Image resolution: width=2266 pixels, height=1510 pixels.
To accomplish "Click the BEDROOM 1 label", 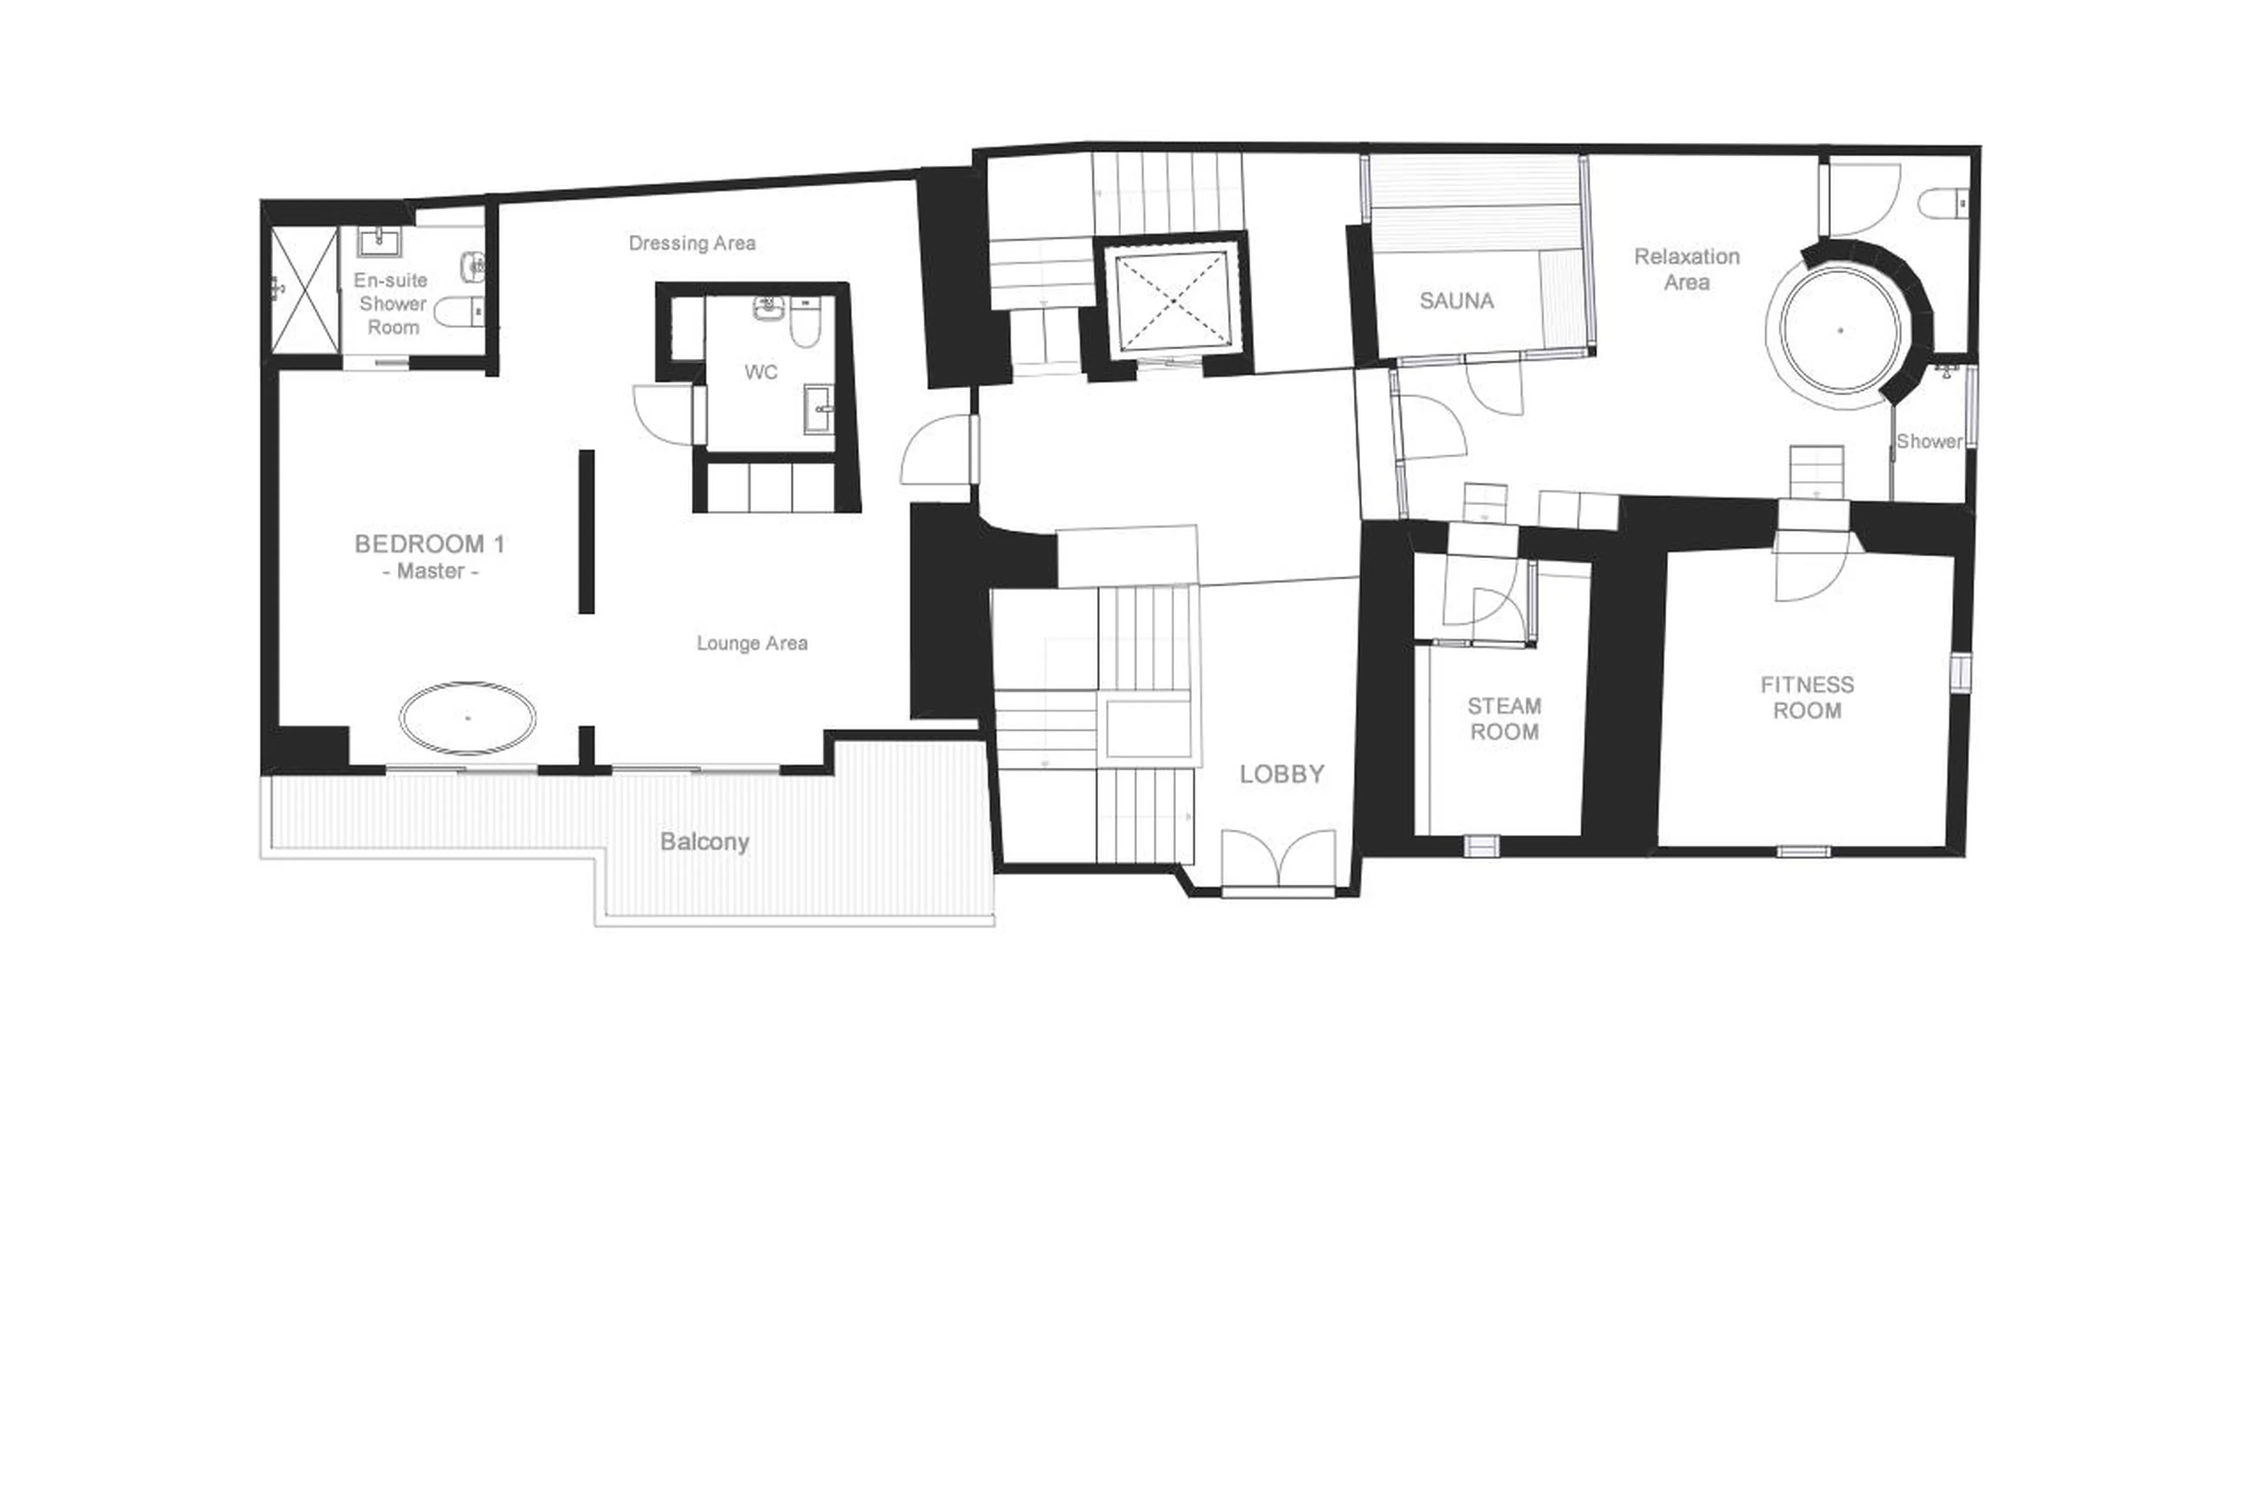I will point(430,544).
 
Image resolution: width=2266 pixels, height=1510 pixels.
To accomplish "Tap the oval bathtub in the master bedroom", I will point(468,718).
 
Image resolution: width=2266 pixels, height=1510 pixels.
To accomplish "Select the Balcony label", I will point(704,841).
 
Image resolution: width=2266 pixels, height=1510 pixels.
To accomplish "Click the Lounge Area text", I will point(751,643).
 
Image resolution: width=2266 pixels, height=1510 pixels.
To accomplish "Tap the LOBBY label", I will point(1281,774).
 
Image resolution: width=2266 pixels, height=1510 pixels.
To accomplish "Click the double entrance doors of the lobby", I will point(1278,859).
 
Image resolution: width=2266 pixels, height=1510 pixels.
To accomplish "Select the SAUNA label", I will point(1456,300).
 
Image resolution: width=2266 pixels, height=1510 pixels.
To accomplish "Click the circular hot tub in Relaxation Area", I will point(1841,330).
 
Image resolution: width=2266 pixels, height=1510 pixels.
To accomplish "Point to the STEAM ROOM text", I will point(1503,718).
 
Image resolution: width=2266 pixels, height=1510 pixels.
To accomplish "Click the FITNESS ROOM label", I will point(1807,697).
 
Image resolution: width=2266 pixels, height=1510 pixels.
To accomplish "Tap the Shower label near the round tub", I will point(1928,441).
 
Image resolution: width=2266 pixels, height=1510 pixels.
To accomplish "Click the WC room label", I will point(760,372).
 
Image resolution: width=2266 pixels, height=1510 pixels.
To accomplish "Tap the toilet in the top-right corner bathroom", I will point(1940,204).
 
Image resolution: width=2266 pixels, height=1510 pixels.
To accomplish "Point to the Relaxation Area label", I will point(1687,268).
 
